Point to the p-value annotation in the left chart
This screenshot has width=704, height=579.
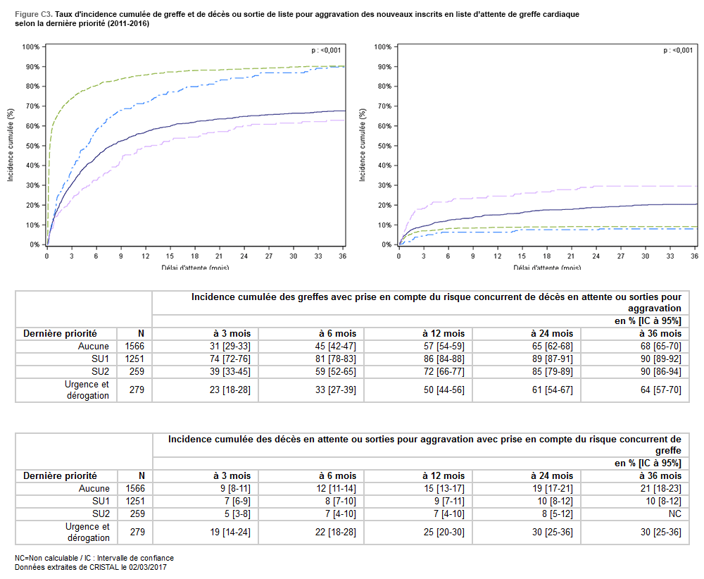coord(326,50)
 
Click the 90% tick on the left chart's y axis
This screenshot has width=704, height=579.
coord(31,67)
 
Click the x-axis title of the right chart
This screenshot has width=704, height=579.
coord(547,267)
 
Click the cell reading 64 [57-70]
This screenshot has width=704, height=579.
coord(660,390)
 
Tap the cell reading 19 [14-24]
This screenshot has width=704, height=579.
coord(230,533)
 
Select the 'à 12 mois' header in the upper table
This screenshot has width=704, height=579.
coord(444,333)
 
